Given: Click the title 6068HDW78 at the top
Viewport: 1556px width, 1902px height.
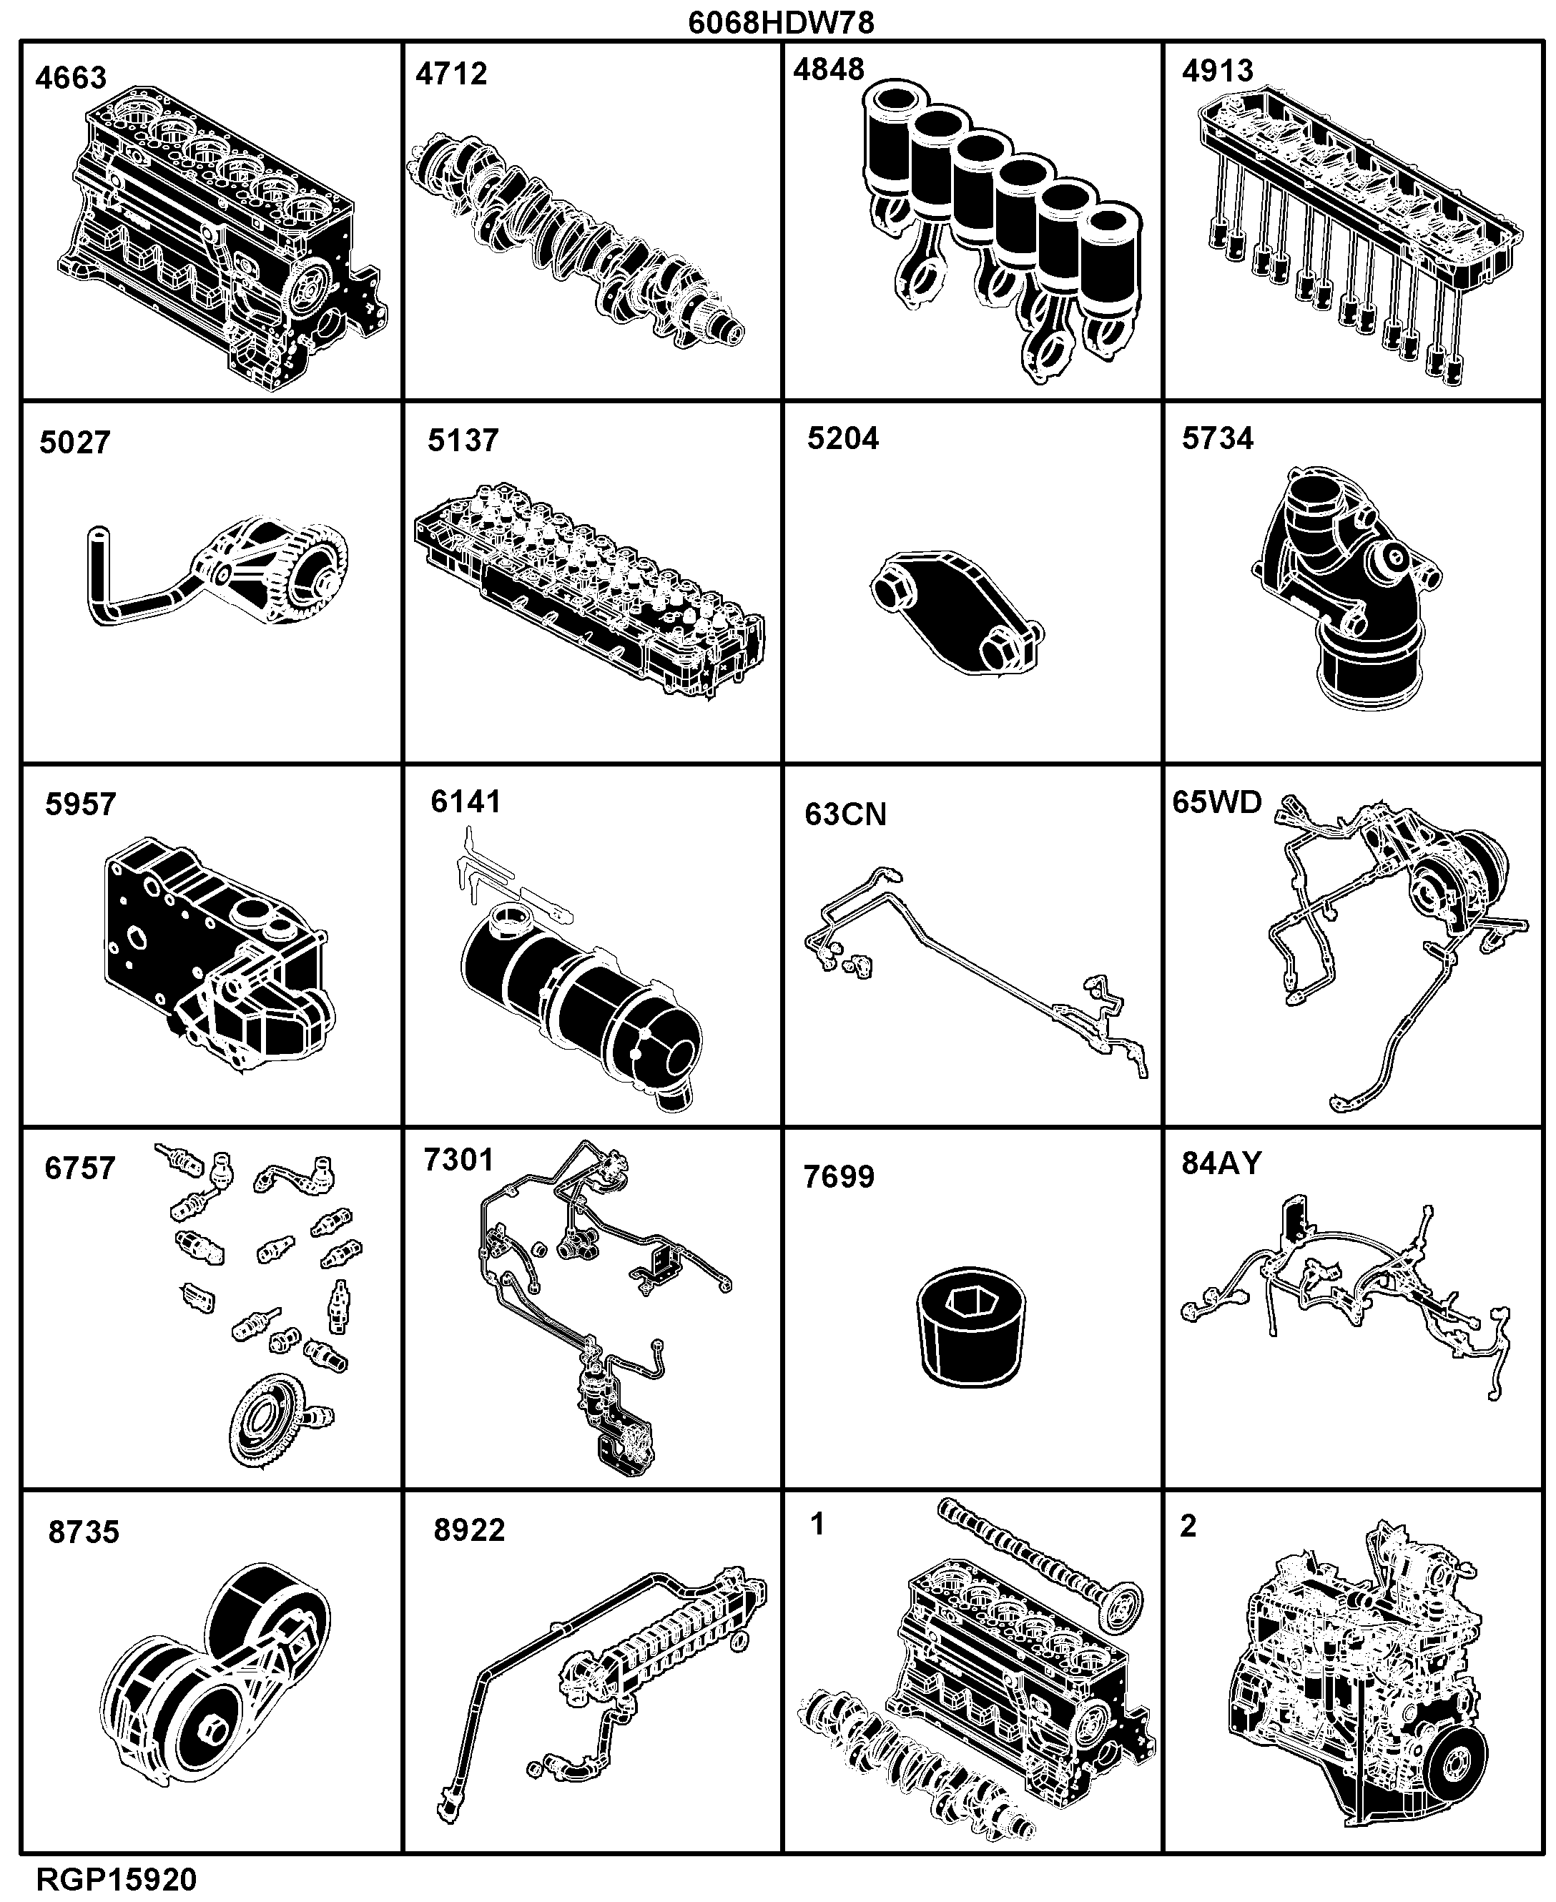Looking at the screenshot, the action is [x=781, y=21].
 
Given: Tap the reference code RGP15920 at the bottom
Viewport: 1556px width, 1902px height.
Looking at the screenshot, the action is [x=117, y=1878].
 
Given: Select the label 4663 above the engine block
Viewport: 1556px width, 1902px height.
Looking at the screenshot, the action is [x=71, y=78].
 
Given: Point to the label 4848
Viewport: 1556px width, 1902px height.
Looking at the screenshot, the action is [x=829, y=69].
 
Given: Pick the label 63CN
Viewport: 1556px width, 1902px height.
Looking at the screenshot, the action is [x=845, y=814].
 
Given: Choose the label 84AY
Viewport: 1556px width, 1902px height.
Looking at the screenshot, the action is [x=1221, y=1163].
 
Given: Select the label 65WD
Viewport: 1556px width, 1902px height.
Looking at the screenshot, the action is [x=1217, y=802].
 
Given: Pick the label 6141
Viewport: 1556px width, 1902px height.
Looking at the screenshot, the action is [x=466, y=802].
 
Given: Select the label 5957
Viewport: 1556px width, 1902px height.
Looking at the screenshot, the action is [x=81, y=805].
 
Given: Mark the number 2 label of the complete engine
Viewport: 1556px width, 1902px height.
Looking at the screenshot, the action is [x=1188, y=1526].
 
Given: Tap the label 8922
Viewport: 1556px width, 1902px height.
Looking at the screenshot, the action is [x=469, y=1530].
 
